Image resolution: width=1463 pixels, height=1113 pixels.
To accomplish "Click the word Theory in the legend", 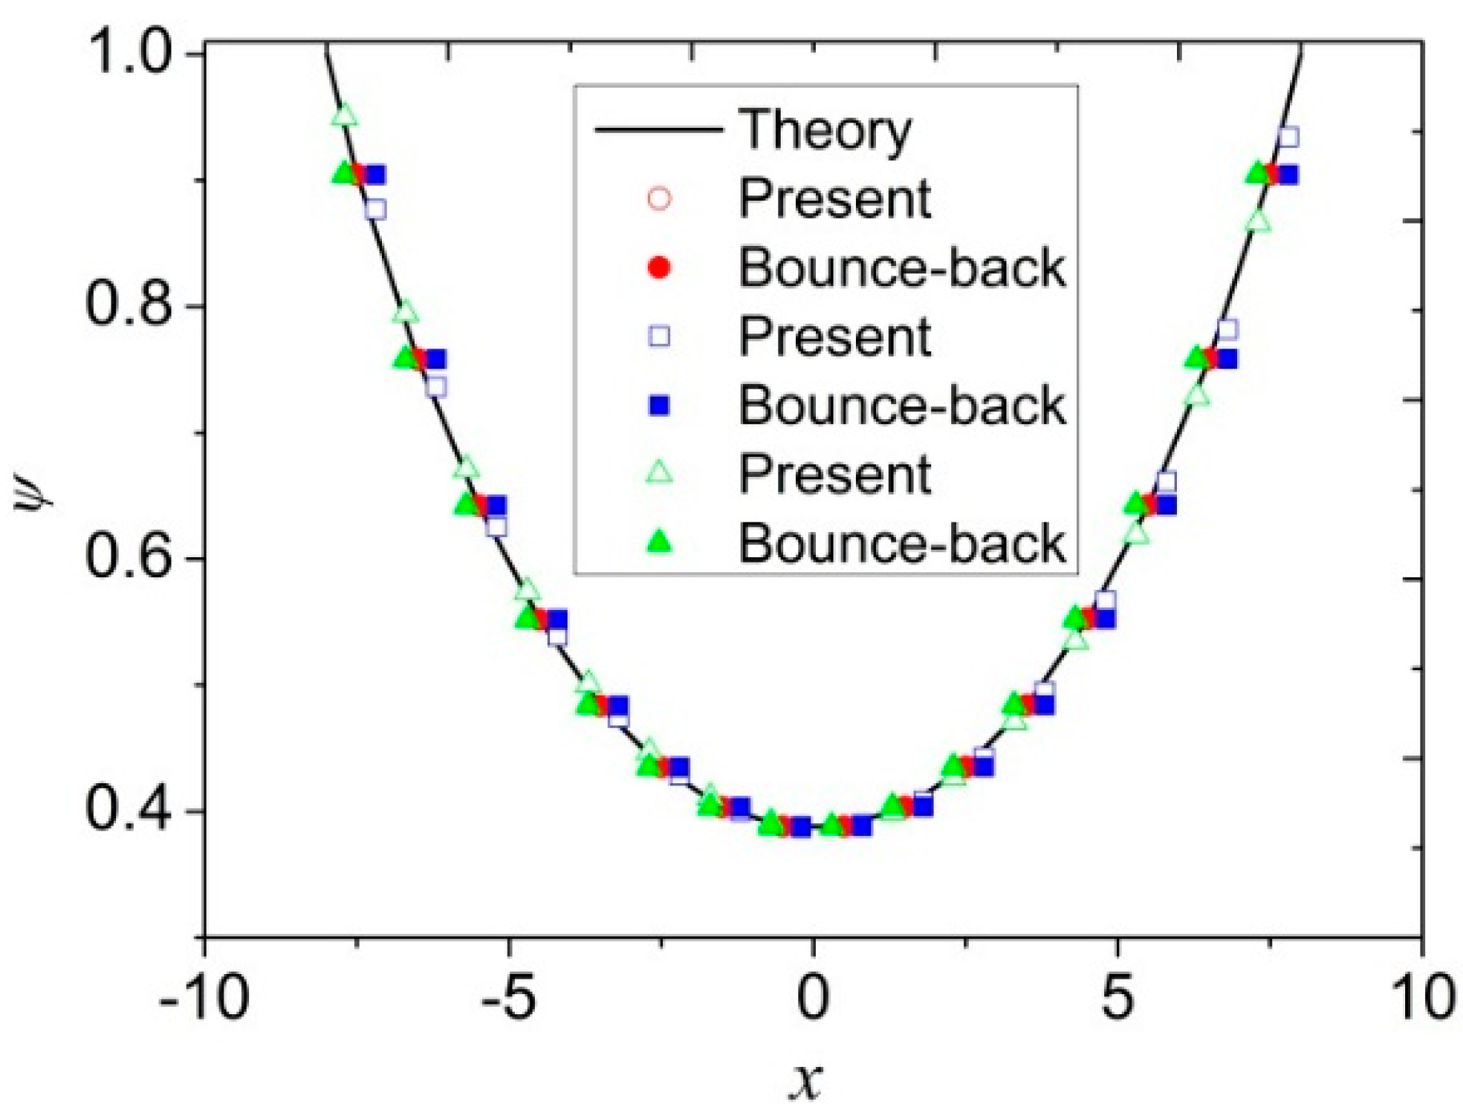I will [x=825, y=131].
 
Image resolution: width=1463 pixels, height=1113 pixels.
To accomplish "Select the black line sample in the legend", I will [x=658, y=131].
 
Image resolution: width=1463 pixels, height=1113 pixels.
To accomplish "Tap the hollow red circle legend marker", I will [x=659, y=199].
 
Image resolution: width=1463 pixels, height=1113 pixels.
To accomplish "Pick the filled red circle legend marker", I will [x=659, y=268].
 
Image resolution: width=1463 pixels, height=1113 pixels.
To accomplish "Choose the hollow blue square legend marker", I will [x=659, y=337].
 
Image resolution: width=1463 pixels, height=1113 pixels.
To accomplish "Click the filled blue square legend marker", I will [x=659, y=406].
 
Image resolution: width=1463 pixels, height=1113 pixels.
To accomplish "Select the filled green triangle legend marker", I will [x=659, y=543].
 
